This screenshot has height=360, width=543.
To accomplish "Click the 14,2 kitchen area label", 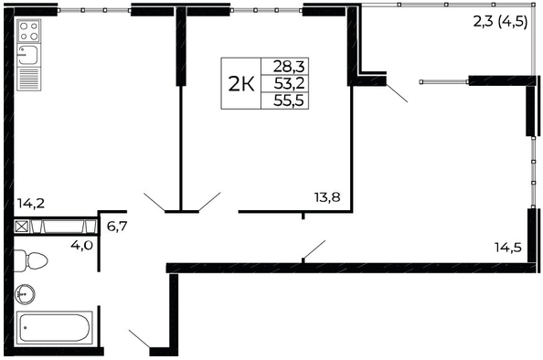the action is pyautogui.click(x=31, y=203).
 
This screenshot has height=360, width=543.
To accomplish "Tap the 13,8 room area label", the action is pyautogui.click(x=327, y=197).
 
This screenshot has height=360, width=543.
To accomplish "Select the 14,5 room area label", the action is pyautogui.click(x=508, y=247).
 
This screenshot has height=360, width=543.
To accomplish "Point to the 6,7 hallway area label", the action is pyautogui.click(x=117, y=227).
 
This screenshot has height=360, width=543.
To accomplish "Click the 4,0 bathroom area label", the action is pyautogui.click(x=81, y=245).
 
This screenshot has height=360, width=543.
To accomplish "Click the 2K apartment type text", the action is pyautogui.click(x=241, y=84).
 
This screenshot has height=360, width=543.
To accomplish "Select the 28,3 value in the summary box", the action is pyautogui.click(x=289, y=66).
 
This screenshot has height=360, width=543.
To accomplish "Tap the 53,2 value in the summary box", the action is pyautogui.click(x=289, y=83).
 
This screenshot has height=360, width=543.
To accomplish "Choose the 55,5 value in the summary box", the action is pyautogui.click(x=289, y=101).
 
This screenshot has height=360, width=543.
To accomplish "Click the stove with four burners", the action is pyautogui.click(x=29, y=31).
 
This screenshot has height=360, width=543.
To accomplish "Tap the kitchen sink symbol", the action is pyautogui.click(x=29, y=56).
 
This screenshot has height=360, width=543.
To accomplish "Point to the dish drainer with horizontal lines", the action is pyautogui.click(x=29, y=79).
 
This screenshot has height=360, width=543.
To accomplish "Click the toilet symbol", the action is pyautogui.click(x=30, y=260).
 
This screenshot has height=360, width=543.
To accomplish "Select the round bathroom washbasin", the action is pyautogui.click(x=25, y=294).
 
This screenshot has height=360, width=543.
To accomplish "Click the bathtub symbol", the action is pyautogui.click(x=54, y=328).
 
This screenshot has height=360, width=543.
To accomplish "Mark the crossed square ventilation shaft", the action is pyautogui.click(x=22, y=227).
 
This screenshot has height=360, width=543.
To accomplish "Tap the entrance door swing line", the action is pyautogui.click(x=140, y=339).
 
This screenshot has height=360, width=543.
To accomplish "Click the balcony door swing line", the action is pyautogui.click(x=397, y=93).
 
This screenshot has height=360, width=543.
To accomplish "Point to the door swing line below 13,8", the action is pyautogui.click(x=314, y=249).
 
